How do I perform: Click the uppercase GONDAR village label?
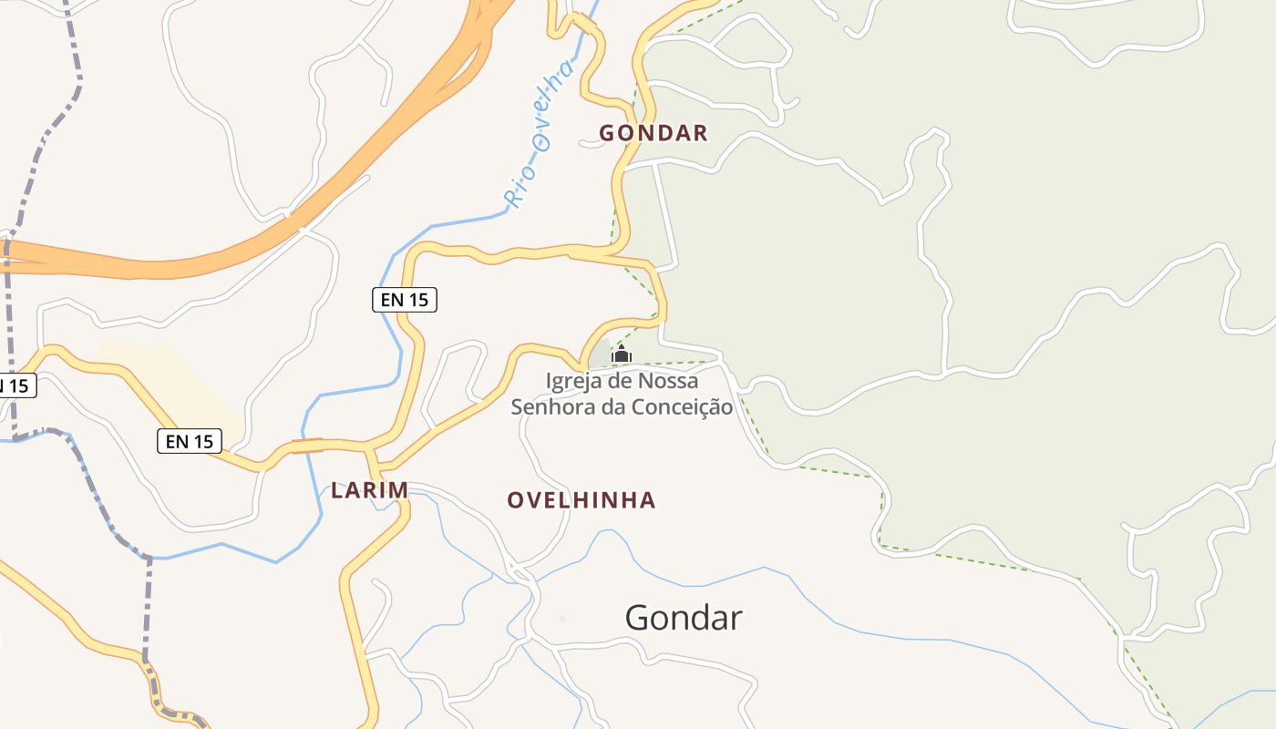pyautogui.click(x=653, y=133)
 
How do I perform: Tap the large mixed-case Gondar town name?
pyautogui.click(x=683, y=618)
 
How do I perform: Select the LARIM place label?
pyautogui.click(x=369, y=490)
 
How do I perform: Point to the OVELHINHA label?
pyautogui.click(x=581, y=499)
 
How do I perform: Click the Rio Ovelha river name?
pyautogui.click(x=541, y=134)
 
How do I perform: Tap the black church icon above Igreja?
pyautogui.click(x=622, y=354)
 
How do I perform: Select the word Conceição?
pyautogui.click(x=677, y=406)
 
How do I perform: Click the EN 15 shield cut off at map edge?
pyautogui.click(x=15, y=385)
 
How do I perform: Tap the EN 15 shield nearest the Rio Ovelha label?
pyautogui.click(x=405, y=299)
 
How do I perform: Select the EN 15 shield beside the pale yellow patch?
pyautogui.click(x=190, y=441)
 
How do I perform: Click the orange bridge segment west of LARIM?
pyautogui.click(x=307, y=446)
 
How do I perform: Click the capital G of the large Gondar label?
pyautogui.click(x=637, y=618)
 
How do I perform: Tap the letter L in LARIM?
pyautogui.click(x=337, y=490)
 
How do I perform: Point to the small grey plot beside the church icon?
pyautogui.click(x=601, y=353)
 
